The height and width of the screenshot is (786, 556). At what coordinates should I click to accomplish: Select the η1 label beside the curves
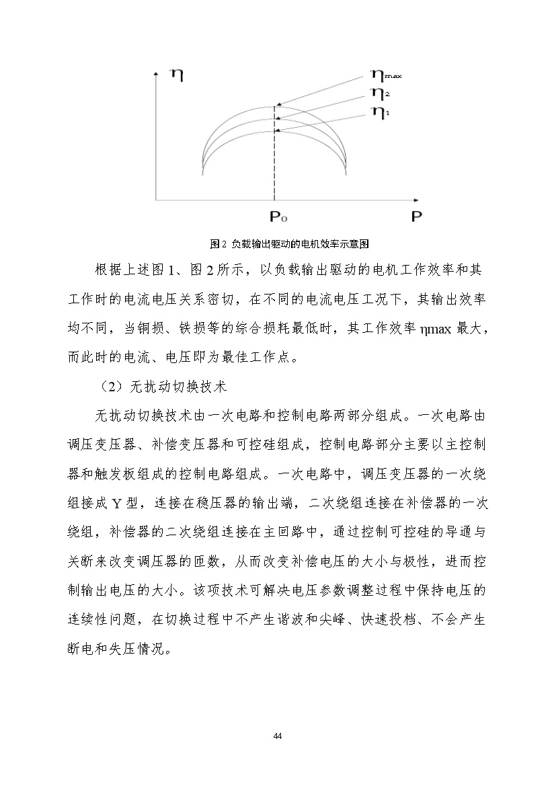[381, 112]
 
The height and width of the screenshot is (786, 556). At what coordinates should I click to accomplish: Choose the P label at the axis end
[416, 217]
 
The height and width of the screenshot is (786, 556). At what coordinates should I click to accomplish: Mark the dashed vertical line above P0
[274, 161]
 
